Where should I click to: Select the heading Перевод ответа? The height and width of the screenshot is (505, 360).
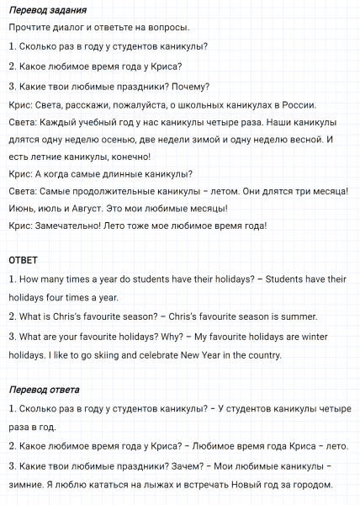pos(44,390)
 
